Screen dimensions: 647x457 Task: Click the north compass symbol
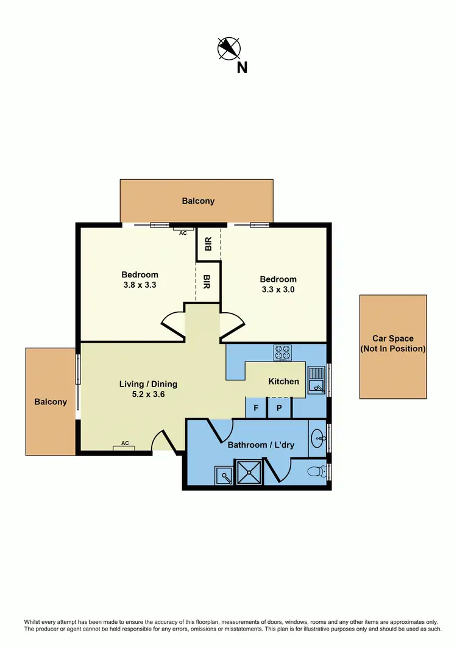click(229, 48)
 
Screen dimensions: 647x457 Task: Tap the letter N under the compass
click(242, 68)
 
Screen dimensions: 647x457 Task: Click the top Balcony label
click(198, 201)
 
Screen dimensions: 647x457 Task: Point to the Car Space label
click(393, 344)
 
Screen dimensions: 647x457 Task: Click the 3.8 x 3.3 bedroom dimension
click(140, 284)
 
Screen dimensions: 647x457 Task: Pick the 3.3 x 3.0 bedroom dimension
click(278, 290)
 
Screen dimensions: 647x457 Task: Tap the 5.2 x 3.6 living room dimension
click(148, 394)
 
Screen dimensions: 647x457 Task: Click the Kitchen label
click(284, 382)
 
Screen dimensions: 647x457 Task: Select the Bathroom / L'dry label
click(261, 445)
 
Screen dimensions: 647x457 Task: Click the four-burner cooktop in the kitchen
click(283, 352)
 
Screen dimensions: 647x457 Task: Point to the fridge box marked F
click(256, 408)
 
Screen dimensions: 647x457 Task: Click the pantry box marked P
click(279, 408)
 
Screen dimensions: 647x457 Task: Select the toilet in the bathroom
click(316, 471)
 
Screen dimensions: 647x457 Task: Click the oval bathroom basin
click(318, 437)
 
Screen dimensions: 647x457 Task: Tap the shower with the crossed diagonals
click(249, 473)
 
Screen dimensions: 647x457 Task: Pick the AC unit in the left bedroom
click(183, 231)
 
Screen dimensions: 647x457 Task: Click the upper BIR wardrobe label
click(208, 245)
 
